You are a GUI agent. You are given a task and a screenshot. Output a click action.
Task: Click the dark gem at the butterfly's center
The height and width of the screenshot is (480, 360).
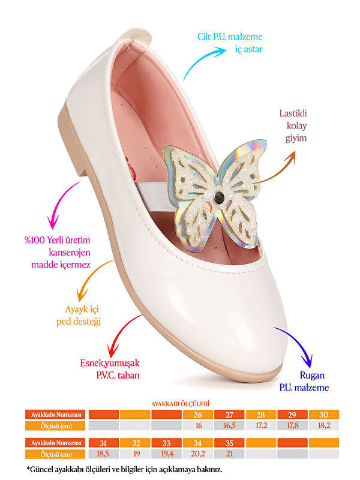pyautogui.click(x=219, y=197)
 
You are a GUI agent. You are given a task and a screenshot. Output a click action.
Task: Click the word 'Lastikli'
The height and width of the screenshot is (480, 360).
pyautogui.click(x=293, y=113)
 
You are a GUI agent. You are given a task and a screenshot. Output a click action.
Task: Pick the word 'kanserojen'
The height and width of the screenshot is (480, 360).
pyautogui.click(x=70, y=252)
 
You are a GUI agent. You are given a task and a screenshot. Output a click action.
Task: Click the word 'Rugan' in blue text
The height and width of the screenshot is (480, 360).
pyautogui.click(x=312, y=376)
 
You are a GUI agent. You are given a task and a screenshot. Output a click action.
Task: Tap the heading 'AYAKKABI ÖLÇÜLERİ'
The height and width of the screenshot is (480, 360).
pyautogui.click(x=181, y=404)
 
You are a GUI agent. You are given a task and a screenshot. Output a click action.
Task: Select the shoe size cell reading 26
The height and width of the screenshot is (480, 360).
pyautogui.click(x=198, y=415)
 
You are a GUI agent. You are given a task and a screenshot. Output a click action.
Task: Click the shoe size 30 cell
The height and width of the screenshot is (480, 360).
pyautogui.click(x=324, y=415)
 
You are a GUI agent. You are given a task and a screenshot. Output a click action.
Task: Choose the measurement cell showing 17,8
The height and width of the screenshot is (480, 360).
pyautogui.click(x=292, y=425)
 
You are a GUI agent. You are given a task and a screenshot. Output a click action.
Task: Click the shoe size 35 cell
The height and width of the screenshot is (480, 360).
pyautogui.click(x=229, y=443)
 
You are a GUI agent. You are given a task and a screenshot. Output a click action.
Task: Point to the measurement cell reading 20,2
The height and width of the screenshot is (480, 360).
pyautogui.click(x=198, y=454)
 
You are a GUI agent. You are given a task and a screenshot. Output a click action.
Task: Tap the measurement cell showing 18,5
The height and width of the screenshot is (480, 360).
pyautogui.click(x=103, y=454)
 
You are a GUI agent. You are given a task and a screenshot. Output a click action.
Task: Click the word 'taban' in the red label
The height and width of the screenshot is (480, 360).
pyautogui.click(x=128, y=376)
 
